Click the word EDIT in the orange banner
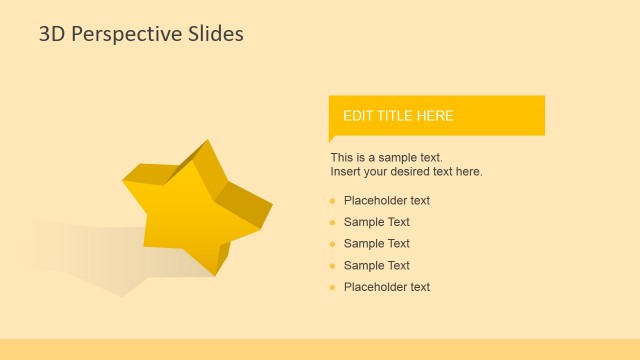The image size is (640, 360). click(x=357, y=116)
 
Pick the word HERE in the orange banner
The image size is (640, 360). click(x=436, y=116)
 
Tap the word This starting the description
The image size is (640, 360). click(x=342, y=158)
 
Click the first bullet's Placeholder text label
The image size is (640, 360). click(x=387, y=200)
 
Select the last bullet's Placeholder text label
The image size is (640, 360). click(x=387, y=287)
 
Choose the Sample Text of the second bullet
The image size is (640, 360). click(x=377, y=222)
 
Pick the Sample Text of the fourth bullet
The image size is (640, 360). click(x=377, y=265)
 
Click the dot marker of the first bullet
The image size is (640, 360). click(x=332, y=201)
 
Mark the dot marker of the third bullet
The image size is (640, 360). click(x=332, y=244)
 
